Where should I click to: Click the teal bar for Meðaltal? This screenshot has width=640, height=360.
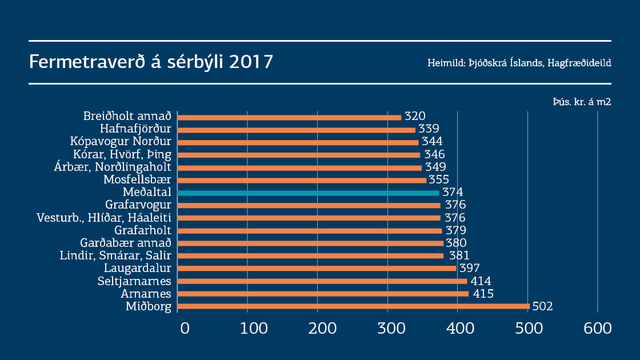309,193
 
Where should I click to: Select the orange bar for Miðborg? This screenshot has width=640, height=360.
353,306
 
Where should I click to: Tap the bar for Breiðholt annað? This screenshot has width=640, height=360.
290,117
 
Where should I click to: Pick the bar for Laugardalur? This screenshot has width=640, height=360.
317,268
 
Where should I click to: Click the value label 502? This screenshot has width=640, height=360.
542,306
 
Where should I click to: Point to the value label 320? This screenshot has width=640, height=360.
415,117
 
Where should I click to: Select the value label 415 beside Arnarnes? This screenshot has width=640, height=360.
482,294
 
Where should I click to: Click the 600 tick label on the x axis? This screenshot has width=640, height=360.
598,329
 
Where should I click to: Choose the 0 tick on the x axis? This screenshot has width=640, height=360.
185,329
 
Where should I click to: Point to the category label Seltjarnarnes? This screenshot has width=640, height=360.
134,281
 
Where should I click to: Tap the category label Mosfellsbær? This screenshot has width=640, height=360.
137,179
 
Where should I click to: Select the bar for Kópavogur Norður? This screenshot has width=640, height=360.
298,142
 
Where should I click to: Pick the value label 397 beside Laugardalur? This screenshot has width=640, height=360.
469,269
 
